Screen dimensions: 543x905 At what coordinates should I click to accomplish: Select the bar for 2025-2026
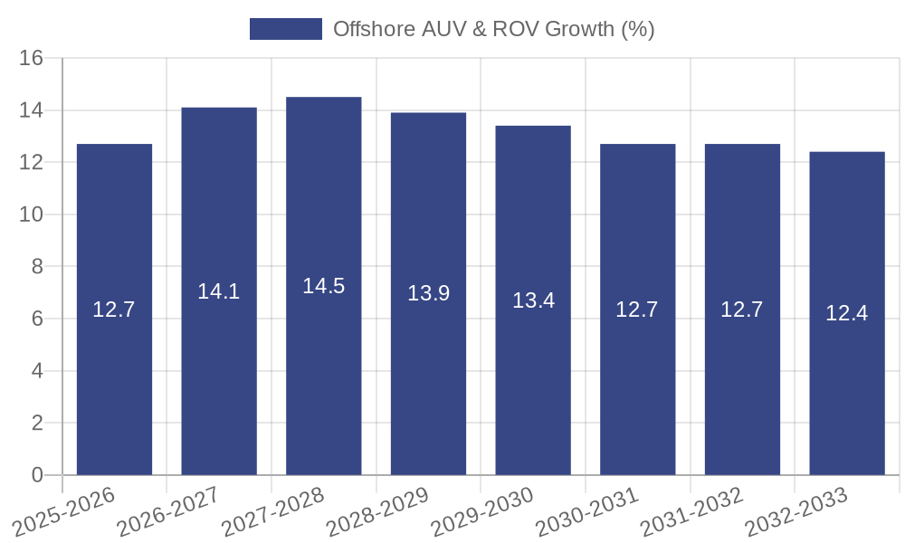pos(114,362)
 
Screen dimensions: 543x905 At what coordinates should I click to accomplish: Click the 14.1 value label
pos(219,291)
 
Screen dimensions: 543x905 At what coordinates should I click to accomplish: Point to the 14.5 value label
pos(324,286)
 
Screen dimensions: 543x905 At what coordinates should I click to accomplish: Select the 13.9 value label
pos(428,293)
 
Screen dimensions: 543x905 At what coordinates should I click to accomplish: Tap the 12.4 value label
pos(847,313)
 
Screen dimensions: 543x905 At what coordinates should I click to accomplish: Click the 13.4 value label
pos(533,300)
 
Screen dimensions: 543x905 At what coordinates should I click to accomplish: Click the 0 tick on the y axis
pos(37,475)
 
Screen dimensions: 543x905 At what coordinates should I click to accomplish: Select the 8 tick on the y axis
pos(37,267)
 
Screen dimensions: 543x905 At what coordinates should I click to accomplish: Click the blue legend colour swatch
pos(286,29)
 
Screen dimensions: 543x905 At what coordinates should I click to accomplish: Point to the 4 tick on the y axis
pos(37,371)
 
